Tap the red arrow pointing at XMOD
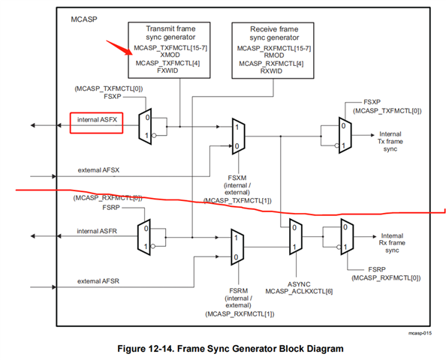point(119,47)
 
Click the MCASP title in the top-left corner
point(84,19)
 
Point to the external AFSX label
point(98,170)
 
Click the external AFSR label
point(98,281)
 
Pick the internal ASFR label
point(97,231)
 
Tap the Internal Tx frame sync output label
point(390,141)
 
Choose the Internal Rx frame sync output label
point(392,243)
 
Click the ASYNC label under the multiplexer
point(299,284)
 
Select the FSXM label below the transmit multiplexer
point(237,178)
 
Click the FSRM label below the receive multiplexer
point(238,291)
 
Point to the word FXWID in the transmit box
point(167,70)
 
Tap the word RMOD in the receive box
point(274,55)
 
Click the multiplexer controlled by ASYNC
point(296,236)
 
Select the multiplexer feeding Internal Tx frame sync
point(345,135)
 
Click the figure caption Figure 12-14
point(231,349)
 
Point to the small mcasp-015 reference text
point(420,333)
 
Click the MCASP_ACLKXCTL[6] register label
point(299,292)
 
